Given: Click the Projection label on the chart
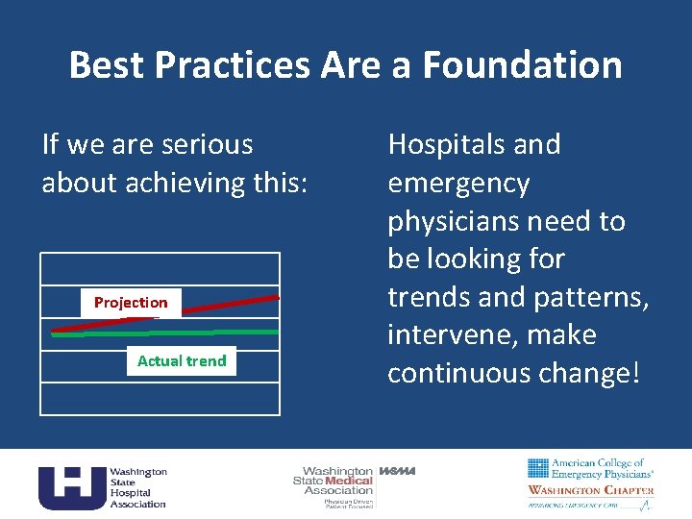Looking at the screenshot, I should (x=131, y=303).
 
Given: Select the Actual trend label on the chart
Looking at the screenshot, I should (x=182, y=361).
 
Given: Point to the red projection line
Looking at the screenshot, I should (x=231, y=306).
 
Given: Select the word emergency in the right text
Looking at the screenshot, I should (x=458, y=183).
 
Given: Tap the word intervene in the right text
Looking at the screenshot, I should (x=455, y=335).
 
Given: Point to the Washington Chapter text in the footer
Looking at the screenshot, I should (x=590, y=490).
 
